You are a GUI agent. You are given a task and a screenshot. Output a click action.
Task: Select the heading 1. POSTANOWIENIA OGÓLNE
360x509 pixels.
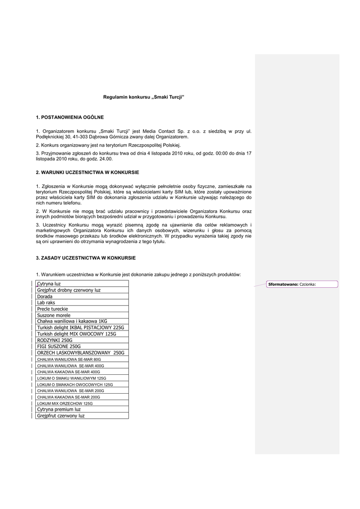[x=70, y=117]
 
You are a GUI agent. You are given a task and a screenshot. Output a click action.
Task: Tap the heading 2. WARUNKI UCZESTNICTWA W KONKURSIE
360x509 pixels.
[x=87, y=172]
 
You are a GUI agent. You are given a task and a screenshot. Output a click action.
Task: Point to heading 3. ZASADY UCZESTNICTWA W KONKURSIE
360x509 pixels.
[x=86, y=258]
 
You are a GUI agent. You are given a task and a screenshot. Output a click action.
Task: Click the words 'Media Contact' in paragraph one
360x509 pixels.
[x=165, y=131]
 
